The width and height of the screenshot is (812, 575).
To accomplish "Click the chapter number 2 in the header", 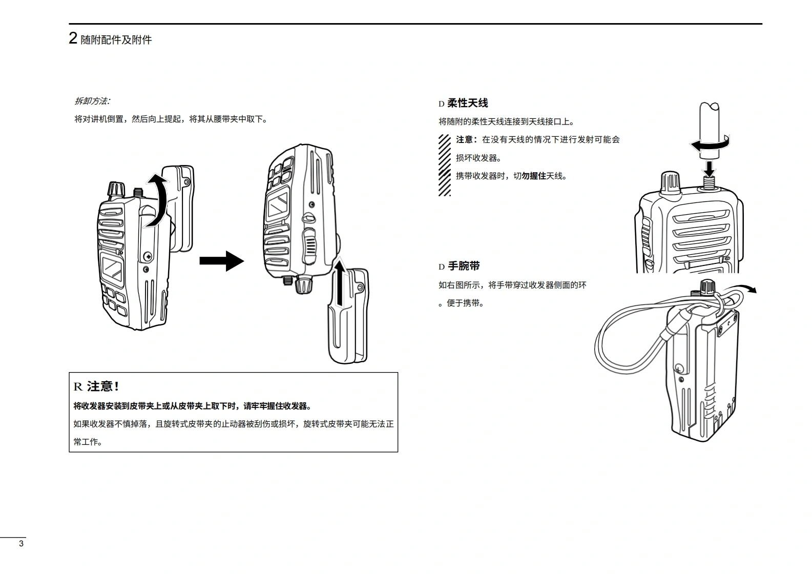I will coord(73,38).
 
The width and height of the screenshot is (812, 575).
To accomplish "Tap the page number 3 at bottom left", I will coord(21,544).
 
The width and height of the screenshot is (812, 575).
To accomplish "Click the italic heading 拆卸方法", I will coord(92,101).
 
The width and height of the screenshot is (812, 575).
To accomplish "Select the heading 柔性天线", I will coord(467,103).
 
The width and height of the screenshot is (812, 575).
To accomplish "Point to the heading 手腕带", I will coord(464,266).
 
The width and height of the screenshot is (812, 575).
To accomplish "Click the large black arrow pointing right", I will coord(221,261).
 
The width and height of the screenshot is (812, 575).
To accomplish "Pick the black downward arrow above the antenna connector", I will coord(710,167).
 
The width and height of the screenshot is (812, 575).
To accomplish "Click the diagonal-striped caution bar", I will coord(445,165).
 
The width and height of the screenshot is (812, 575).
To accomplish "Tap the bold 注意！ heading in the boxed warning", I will coord(103,386).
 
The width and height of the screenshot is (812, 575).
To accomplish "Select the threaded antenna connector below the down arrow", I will coord(710,182).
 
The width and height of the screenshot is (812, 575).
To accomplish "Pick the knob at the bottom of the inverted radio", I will coord(304,284).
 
